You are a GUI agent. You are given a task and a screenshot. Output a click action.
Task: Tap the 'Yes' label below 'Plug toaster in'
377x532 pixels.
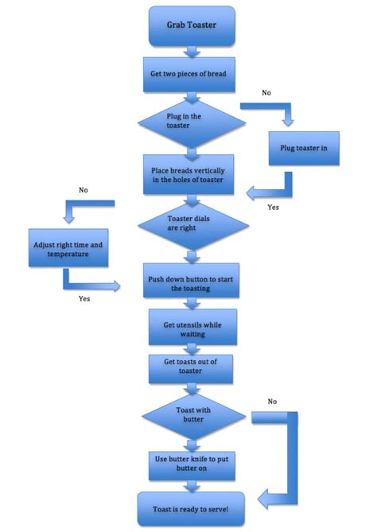click(x=273, y=208)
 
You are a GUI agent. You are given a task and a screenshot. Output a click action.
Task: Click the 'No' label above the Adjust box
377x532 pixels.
click(x=84, y=190)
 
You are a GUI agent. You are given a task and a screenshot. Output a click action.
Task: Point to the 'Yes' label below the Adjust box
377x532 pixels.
click(x=84, y=299)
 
